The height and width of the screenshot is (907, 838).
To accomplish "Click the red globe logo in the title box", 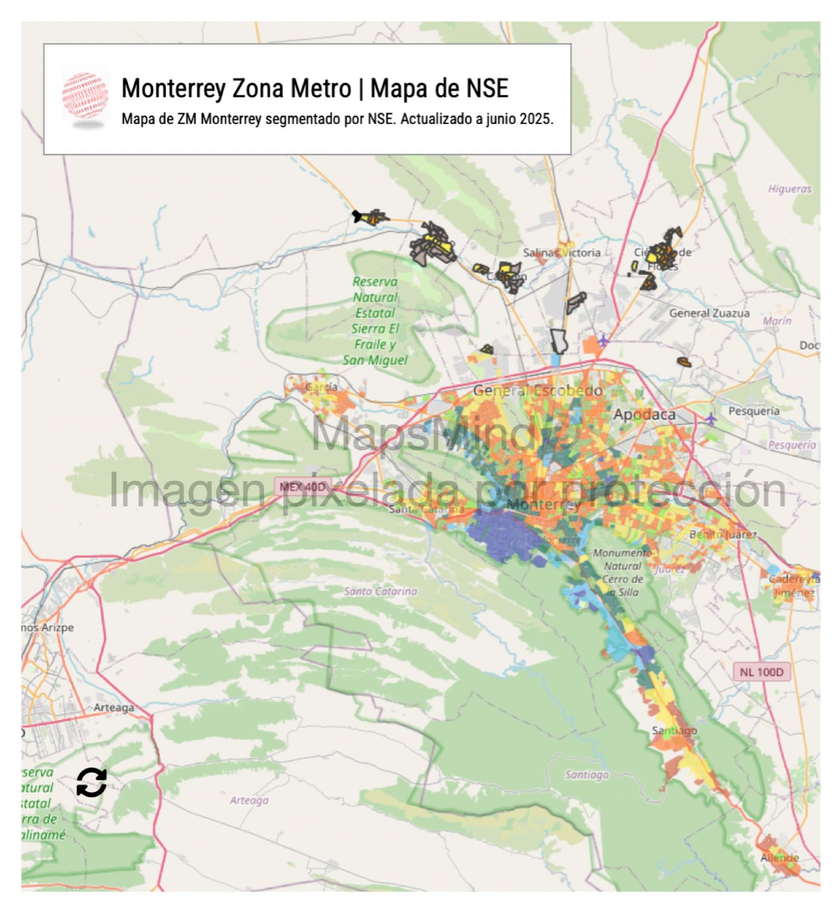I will click(85, 97).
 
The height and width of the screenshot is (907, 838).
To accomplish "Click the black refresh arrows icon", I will click(91, 782).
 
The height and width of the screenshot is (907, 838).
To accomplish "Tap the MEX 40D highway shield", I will click(302, 487).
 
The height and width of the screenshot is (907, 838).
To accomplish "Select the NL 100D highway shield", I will click(761, 672).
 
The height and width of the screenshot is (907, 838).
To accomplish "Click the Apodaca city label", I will click(644, 414).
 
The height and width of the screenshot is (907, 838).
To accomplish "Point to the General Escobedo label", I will click(537, 391).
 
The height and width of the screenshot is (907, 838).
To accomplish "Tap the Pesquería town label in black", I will click(754, 411).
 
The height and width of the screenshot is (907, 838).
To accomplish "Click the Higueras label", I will click(789, 189).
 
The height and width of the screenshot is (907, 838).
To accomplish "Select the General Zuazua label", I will click(709, 313).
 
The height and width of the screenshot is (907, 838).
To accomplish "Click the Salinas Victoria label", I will click(561, 253).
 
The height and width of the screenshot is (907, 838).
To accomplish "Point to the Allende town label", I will click(779, 857).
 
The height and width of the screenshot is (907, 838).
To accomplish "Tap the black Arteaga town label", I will click(114, 707).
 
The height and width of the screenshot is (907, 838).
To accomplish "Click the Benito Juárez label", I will click(723, 535).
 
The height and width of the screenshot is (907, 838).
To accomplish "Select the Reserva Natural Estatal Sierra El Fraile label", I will click(375, 320).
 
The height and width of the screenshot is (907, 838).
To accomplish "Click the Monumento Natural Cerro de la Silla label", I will click(622, 572).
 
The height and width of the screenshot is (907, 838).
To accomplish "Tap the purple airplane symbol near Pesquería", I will click(711, 418).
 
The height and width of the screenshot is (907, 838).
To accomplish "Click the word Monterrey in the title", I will click(175, 88).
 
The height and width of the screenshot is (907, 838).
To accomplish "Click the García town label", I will click(321, 387).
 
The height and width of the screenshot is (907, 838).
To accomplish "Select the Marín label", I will click(776, 321).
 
